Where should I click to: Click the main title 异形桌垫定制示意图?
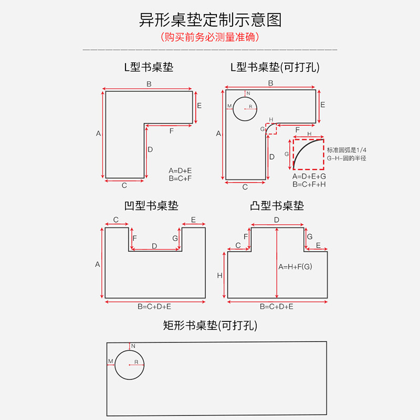click(210, 20)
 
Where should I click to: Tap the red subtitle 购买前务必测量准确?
click(210, 38)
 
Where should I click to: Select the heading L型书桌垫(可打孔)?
click(275, 67)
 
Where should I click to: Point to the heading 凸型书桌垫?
click(277, 206)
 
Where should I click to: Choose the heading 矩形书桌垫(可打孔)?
click(210, 326)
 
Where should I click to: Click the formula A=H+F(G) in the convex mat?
click(295, 267)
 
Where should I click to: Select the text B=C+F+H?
click(309, 184)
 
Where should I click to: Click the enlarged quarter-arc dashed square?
click(309, 154)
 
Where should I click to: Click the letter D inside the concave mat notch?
click(154, 246)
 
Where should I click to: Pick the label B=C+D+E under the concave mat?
click(154, 306)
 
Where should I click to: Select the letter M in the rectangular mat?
click(111, 361)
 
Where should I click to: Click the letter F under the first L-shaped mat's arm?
click(171, 131)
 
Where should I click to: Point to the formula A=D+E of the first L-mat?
click(180, 171)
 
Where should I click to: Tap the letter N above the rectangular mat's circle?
click(133, 346)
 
